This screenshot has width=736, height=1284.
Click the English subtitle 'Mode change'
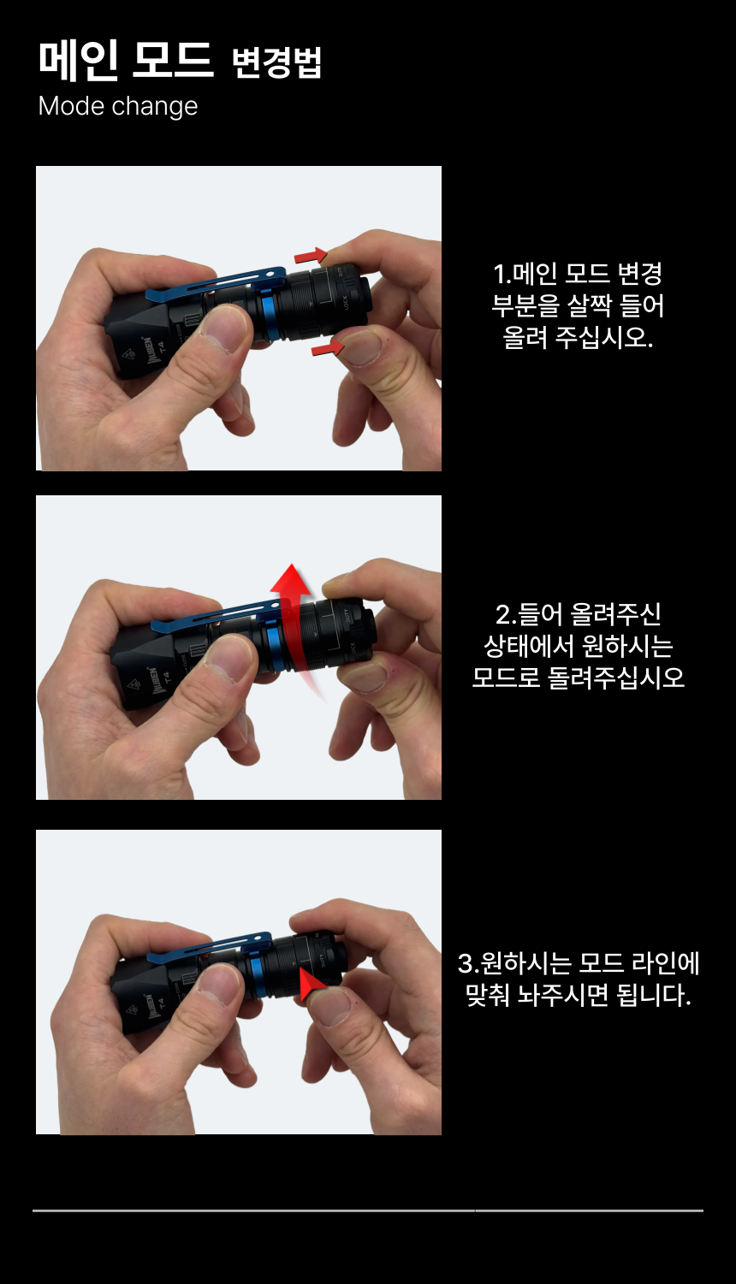pos(117,107)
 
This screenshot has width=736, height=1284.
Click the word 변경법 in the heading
pos(276,62)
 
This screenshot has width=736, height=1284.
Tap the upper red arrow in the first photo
pos(311,256)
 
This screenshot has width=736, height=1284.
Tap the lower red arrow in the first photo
pos(328,347)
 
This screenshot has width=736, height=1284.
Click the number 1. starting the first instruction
pos(502,274)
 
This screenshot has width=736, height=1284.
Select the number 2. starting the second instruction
pos(506,614)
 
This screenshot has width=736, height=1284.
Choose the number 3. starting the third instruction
pos(468,963)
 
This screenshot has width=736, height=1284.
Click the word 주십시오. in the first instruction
pos(603,337)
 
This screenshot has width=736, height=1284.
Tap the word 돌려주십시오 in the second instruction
pos(616,678)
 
